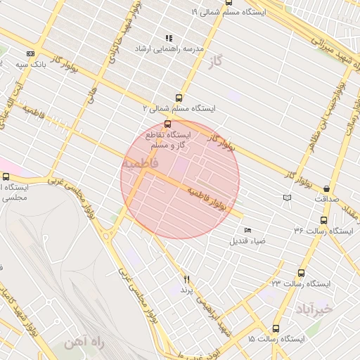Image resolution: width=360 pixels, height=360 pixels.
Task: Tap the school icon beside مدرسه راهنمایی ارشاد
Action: (169, 38)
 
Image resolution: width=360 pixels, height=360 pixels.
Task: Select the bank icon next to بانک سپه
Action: (30, 53)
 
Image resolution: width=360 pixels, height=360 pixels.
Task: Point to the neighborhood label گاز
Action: (215, 63)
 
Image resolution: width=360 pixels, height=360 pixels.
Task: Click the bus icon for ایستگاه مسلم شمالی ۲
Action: (179, 98)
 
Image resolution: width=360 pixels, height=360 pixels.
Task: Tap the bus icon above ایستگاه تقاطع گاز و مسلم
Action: (167, 124)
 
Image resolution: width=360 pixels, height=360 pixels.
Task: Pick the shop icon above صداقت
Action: (327, 188)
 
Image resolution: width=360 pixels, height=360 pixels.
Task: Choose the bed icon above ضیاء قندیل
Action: (247, 230)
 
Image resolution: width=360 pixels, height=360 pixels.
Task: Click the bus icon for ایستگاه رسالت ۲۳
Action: (302, 273)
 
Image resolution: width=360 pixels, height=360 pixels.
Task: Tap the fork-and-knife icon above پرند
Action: (186, 279)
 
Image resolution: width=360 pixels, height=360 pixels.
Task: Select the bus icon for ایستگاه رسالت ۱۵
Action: (275, 328)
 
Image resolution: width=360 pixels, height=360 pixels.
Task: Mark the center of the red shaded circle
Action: (180, 179)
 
